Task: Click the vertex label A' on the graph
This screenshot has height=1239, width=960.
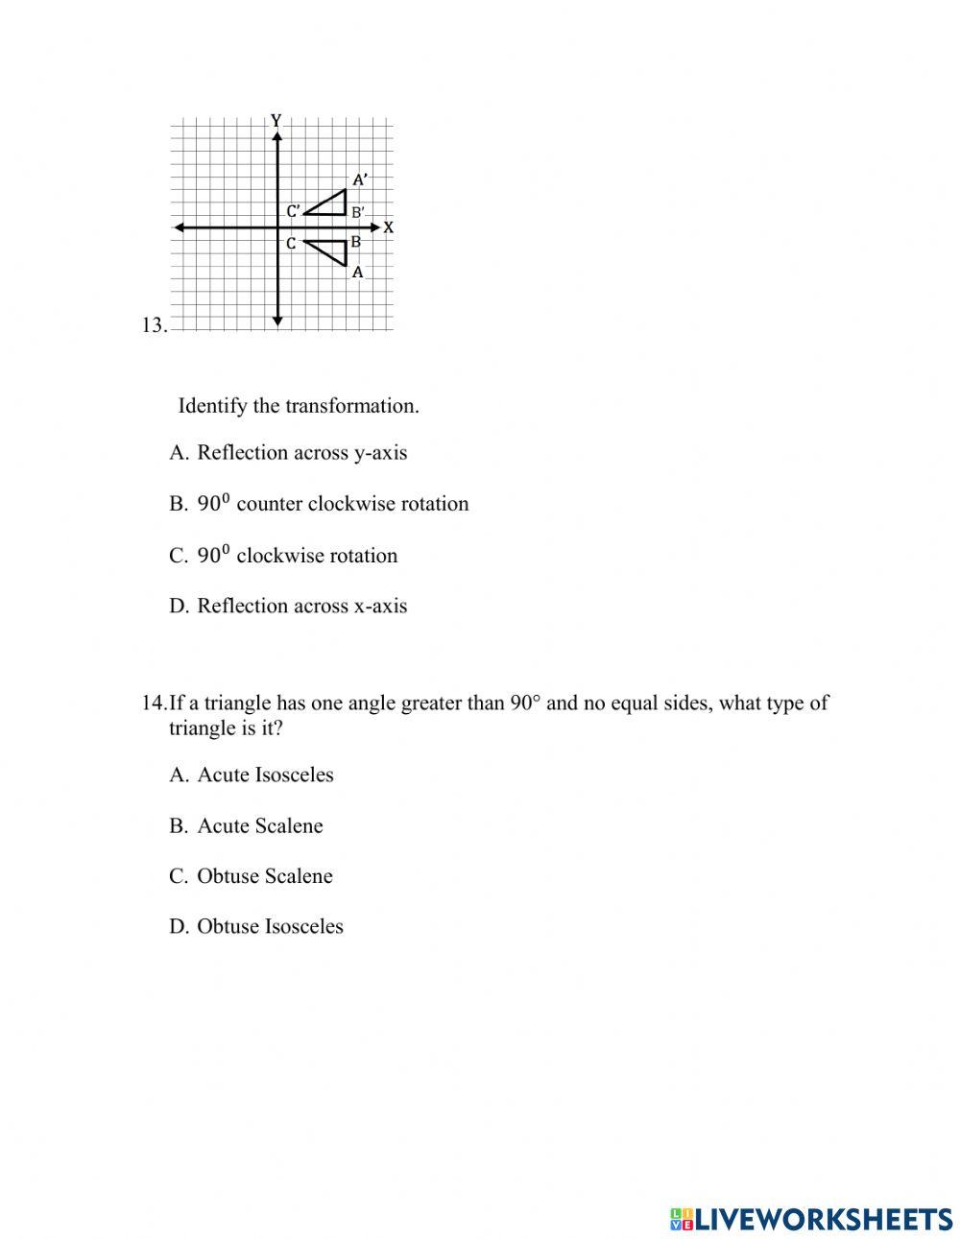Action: pyautogui.click(x=360, y=179)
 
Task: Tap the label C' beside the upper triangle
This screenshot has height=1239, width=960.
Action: pyautogui.click(x=294, y=211)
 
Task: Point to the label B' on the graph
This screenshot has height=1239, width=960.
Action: pyautogui.click(x=357, y=212)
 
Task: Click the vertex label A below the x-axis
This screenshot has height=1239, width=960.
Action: pyautogui.click(x=358, y=273)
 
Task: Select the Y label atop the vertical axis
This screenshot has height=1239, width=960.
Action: pyautogui.click(x=276, y=121)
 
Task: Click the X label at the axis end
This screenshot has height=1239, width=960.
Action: pyautogui.click(x=389, y=228)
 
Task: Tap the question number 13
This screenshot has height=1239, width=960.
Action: pyautogui.click(x=154, y=325)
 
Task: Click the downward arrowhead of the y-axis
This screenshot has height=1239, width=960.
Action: pyautogui.click(x=276, y=322)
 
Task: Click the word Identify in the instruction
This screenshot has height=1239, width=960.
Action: pyautogui.click(x=213, y=406)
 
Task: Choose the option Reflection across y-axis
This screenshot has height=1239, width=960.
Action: pyautogui.click(x=301, y=453)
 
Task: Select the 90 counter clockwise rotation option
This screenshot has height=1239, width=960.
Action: pyautogui.click(x=332, y=504)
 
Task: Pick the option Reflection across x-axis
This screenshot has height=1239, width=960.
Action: pyautogui.click(x=301, y=606)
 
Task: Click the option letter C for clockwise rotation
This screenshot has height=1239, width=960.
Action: pyautogui.click(x=178, y=556)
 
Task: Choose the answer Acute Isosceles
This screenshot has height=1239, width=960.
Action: pyautogui.click(x=265, y=774)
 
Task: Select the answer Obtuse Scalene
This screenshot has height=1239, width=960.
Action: pyautogui.click(x=264, y=876)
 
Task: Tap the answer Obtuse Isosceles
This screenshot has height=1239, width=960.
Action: pyautogui.click(x=270, y=926)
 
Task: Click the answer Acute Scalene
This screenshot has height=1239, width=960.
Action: pyautogui.click(x=259, y=826)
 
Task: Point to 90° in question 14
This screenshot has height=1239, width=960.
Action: pyautogui.click(x=525, y=703)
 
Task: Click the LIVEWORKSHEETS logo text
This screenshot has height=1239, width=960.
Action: pyautogui.click(x=822, y=1219)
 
